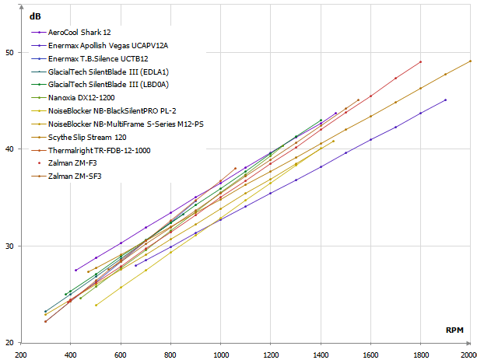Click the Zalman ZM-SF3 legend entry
[x=75, y=176]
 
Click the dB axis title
[x=35, y=16]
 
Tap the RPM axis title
[x=455, y=330]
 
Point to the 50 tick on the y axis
[x=10, y=53]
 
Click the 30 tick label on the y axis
[x=10, y=246]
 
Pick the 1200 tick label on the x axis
[x=270, y=351]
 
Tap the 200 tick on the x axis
[x=21, y=351]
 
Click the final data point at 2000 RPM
[x=470, y=61]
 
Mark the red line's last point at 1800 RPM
[x=420, y=61]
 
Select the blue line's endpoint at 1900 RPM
[x=445, y=100]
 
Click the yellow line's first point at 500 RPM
[x=96, y=305]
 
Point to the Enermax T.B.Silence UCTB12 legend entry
[x=98, y=59]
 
